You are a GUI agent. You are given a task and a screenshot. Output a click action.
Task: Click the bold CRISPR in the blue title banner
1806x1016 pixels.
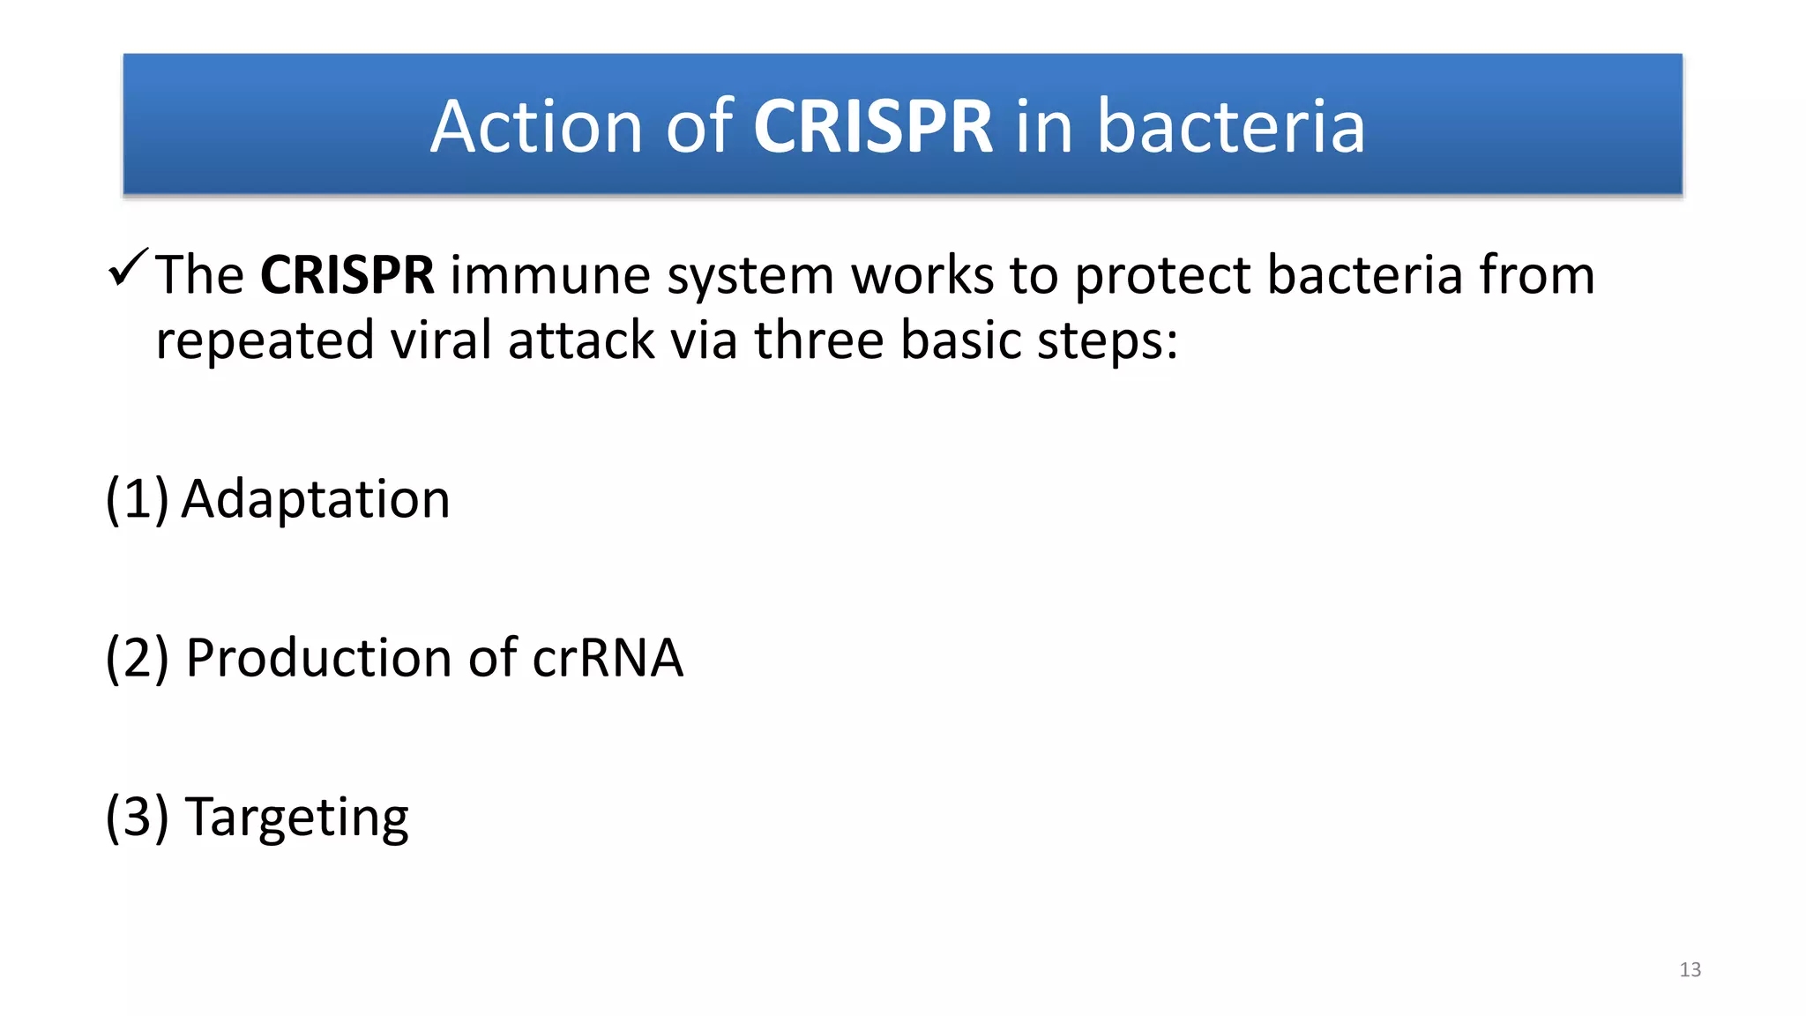pyautogui.click(x=872, y=127)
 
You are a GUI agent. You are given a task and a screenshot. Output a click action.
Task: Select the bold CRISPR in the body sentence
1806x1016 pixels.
pyautogui.click(x=347, y=275)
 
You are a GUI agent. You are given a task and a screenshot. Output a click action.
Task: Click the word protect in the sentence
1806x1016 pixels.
pyautogui.click(x=1163, y=277)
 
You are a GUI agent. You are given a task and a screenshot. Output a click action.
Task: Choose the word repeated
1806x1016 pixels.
pyautogui.click(x=265, y=342)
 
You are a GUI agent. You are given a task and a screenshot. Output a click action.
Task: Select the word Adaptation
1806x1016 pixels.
pyautogui.click(x=316, y=500)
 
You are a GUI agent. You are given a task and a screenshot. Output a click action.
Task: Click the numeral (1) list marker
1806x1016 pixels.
pyautogui.click(x=137, y=500)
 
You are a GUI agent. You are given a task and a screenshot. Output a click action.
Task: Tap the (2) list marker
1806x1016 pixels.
pyautogui.click(x=137, y=659)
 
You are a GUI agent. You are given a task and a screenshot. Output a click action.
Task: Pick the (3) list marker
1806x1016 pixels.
pyautogui.click(x=137, y=818)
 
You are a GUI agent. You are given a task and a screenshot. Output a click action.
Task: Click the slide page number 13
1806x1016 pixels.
pyautogui.click(x=1690, y=970)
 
